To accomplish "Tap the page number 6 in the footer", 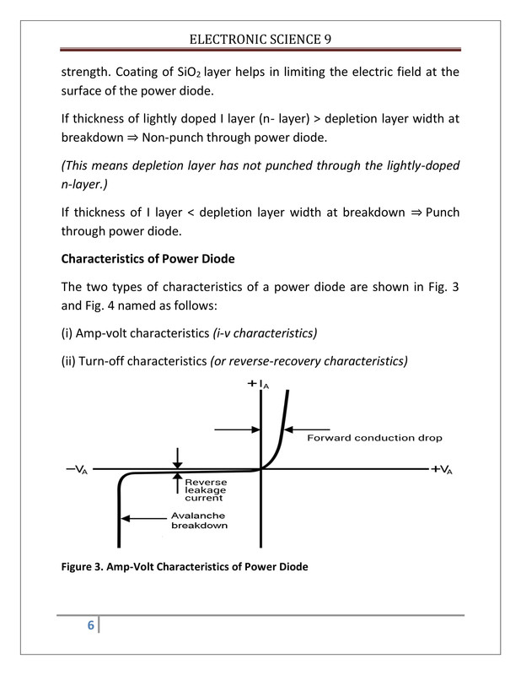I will [89, 625].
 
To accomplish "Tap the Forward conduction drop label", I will [374, 438].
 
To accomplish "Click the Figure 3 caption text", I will [183, 566].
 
